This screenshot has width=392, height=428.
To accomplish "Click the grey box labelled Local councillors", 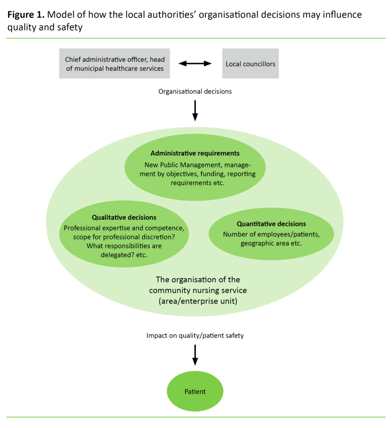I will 250,64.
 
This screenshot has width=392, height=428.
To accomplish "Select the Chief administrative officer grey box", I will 115,64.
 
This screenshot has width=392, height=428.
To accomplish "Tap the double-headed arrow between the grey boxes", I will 195,64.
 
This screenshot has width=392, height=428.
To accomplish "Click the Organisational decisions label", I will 195,91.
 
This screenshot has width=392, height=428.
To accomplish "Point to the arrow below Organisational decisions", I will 195,110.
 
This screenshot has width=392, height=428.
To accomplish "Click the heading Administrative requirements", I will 195,153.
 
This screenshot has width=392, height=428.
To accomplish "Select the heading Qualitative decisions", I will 124,217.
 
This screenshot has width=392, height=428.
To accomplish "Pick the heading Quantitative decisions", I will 271,224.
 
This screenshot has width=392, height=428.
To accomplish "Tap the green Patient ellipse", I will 195,392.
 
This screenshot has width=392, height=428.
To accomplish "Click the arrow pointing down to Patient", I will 195,355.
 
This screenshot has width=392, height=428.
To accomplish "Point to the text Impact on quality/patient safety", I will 195,335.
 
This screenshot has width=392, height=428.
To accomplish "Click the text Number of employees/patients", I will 271,234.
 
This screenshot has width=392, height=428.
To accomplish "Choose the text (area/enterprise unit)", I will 195,301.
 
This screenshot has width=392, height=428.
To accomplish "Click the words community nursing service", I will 198,290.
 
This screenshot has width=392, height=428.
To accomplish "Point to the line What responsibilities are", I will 124,246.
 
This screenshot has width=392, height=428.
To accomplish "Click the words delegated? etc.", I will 124,255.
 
